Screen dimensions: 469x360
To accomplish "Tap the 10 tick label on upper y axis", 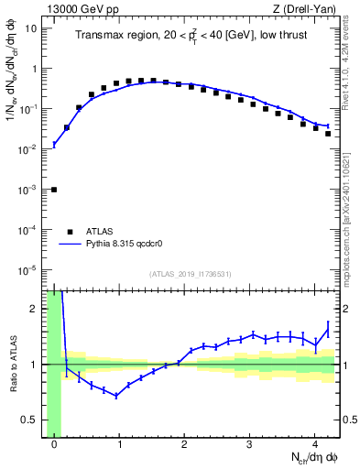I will tap(31, 27).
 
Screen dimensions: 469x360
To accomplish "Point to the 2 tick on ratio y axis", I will tap(35, 309).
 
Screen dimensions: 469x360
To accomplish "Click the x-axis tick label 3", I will tap(250, 445).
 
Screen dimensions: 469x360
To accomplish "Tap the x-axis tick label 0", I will tap(54, 445).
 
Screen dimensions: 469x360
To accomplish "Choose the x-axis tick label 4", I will tap(315, 445).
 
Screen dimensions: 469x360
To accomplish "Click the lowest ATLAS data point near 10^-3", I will tap(54, 190).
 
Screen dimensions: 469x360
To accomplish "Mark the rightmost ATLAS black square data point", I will tap(328, 134).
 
